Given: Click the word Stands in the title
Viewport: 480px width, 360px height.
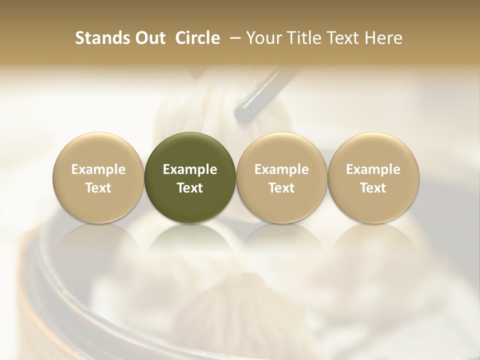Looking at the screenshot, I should [102, 38].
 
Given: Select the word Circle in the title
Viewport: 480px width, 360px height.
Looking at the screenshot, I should [198, 38].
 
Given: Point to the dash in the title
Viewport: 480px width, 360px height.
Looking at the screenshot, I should [233, 38].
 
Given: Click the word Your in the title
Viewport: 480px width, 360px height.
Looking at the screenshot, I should [263, 38].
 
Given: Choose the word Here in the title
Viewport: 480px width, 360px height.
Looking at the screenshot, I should [383, 38].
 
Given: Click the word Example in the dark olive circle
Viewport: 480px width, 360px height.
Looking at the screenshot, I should [190, 169].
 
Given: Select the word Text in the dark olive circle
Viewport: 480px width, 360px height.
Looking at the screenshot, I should [190, 188].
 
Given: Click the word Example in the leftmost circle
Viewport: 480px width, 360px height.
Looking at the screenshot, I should [98, 169].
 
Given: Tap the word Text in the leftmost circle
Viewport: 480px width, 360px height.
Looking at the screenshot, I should [98, 188].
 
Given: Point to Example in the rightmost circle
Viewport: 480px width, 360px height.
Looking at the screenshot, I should [373, 169].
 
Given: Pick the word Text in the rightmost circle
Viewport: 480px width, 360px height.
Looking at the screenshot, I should [373, 188].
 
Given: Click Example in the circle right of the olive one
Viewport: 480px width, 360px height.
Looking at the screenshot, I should [281, 169].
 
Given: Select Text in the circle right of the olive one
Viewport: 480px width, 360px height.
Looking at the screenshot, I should [281, 188].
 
